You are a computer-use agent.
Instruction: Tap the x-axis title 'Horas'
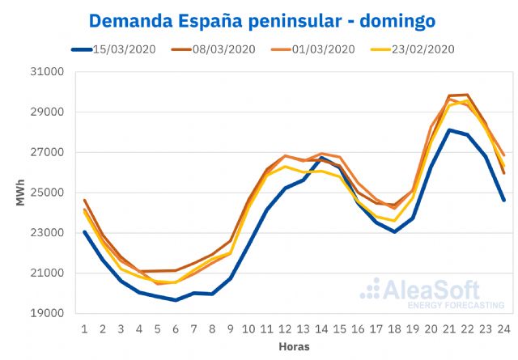pyautogui.click(x=294, y=345)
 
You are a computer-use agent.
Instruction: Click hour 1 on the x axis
pyautogui.click(x=84, y=328)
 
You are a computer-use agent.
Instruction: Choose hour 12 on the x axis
pyautogui.click(x=285, y=328)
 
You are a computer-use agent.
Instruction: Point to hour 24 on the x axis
pyautogui.click(x=503, y=328)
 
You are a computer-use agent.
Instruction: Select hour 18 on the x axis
pyautogui.click(x=394, y=328)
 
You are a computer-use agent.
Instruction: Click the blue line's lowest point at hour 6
pyautogui.click(x=176, y=300)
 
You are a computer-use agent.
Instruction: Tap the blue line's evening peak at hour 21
pyautogui.click(x=449, y=130)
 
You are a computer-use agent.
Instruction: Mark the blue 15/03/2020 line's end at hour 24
pyautogui.click(x=503, y=200)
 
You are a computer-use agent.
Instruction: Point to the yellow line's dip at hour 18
pyautogui.click(x=394, y=221)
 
